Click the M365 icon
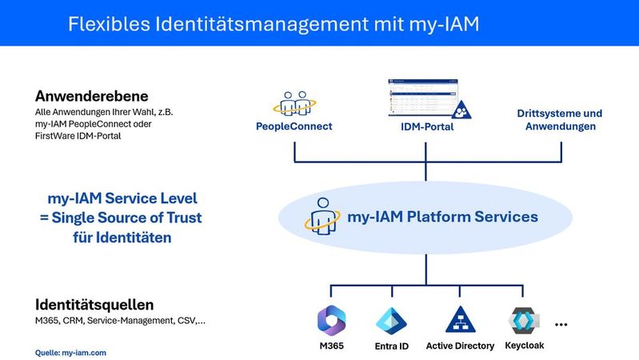(x=331, y=319)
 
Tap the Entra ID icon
(x=392, y=319)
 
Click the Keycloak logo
(x=524, y=319)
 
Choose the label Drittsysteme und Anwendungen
(x=561, y=120)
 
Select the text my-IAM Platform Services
(x=442, y=217)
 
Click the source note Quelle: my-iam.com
(x=70, y=352)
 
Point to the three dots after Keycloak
(x=561, y=325)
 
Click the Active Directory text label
(x=461, y=346)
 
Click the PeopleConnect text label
(x=294, y=126)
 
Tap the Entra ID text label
(x=392, y=346)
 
